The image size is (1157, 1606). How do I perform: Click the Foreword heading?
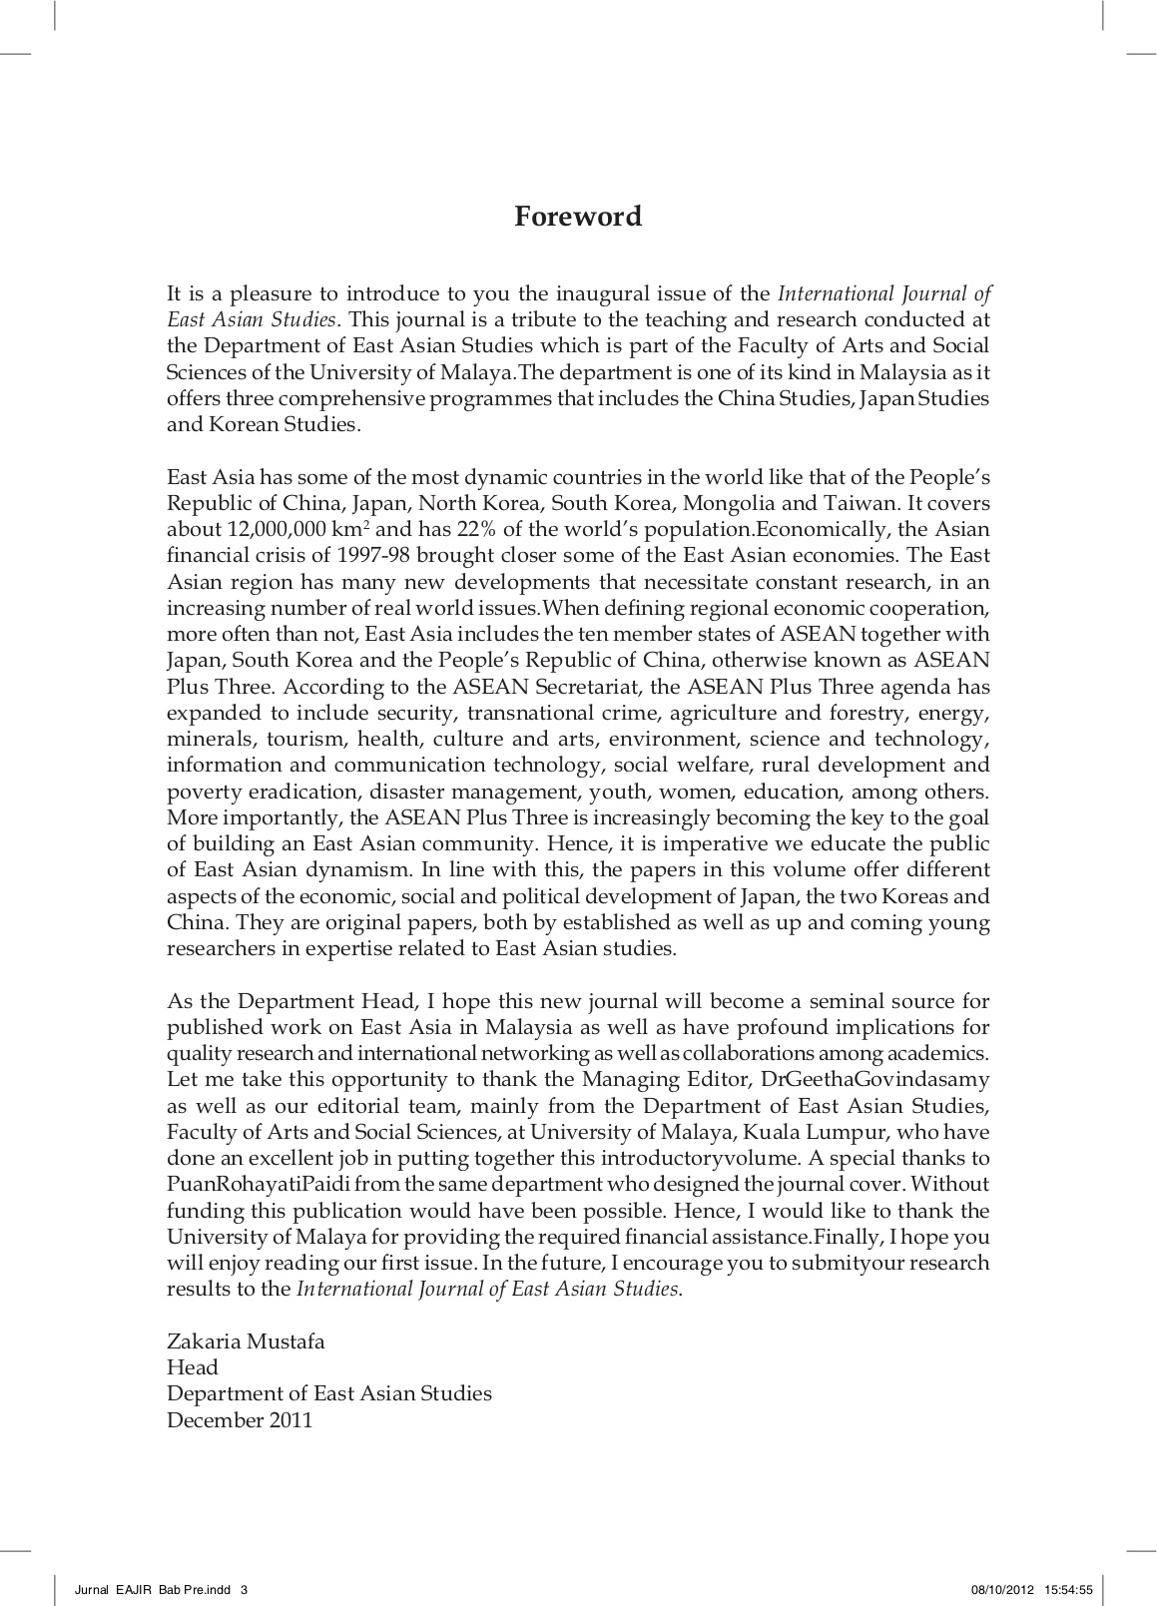click(578, 217)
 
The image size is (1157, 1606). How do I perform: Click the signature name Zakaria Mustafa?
click(246, 1341)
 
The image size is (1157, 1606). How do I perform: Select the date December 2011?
click(240, 1420)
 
